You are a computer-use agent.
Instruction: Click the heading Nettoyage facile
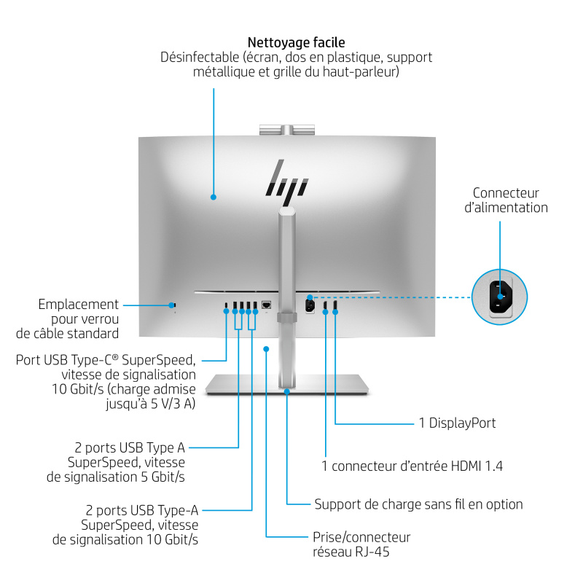296,42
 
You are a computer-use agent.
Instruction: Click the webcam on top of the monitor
287,130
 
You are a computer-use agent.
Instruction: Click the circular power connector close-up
500,295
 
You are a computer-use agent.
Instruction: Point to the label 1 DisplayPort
457,423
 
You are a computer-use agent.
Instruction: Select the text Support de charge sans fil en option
418,504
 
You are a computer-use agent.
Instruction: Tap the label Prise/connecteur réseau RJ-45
361,545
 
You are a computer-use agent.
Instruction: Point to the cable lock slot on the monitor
173,305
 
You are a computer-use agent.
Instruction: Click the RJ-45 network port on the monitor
267,305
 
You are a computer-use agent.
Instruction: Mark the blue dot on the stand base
287,392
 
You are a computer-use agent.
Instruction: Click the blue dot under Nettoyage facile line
214,196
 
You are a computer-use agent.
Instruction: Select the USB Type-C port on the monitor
226,305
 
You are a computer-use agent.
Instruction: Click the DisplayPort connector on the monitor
335,305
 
